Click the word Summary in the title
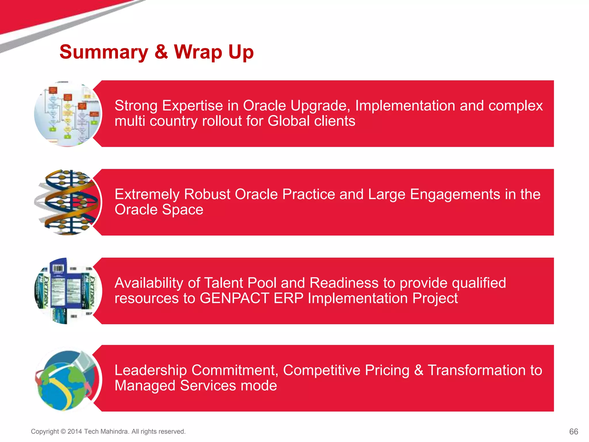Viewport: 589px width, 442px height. click(x=104, y=52)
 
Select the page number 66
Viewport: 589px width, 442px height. click(x=573, y=431)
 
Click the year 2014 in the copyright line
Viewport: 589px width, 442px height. click(x=75, y=431)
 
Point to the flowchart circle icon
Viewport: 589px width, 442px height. click(x=68, y=114)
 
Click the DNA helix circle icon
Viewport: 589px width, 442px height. click(x=68, y=202)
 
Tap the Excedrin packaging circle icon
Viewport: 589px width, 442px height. click(x=68, y=291)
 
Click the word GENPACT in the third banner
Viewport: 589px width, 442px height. click(x=234, y=298)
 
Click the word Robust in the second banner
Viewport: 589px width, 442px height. click(x=207, y=194)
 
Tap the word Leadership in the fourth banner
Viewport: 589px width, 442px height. click(x=151, y=370)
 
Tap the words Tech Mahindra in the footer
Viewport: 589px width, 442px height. click(x=106, y=431)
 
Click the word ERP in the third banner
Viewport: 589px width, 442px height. click(x=288, y=298)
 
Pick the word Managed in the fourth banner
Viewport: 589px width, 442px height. click(x=145, y=386)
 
